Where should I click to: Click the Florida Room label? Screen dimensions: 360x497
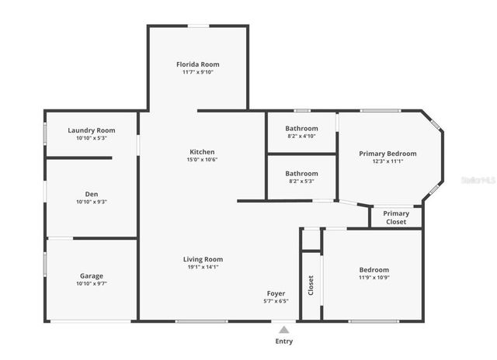(197, 64)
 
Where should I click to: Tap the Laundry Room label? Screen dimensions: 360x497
(91, 130)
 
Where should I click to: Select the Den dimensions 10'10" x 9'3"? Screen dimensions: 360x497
(91, 202)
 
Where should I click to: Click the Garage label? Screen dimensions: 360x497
(91, 275)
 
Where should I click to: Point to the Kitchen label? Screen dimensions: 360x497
(202, 151)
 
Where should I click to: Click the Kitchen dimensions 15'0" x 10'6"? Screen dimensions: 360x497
(202, 160)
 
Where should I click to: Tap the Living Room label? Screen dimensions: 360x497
(203, 259)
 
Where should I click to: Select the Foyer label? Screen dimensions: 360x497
(276, 292)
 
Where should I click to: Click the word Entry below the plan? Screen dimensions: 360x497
(284, 341)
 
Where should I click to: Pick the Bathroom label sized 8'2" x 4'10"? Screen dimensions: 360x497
(301, 128)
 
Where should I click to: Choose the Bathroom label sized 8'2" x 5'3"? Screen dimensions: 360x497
(301, 173)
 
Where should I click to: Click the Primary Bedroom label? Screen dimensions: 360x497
(388, 153)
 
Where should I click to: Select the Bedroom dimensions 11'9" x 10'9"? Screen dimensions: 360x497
(374, 277)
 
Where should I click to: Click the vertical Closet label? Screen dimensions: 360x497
(311, 286)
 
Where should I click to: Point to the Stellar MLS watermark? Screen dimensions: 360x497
(478, 179)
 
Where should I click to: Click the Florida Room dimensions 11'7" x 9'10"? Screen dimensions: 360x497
(197, 72)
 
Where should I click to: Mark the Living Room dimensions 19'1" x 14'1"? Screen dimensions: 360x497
(203, 267)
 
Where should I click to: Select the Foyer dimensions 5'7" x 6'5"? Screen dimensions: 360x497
(276, 301)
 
